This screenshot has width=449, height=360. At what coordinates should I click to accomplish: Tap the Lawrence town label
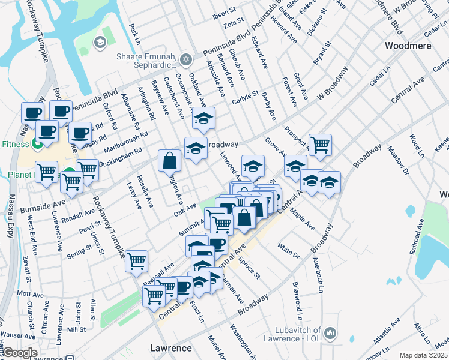(x=170, y=348)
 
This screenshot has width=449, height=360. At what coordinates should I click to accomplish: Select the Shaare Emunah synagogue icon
(x=186, y=59)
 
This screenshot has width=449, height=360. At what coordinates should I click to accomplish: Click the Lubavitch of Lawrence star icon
(x=330, y=332)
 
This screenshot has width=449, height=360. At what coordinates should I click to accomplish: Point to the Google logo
(x=20, y=353)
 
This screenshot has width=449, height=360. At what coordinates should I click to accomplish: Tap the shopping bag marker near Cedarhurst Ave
(x=170, y=160)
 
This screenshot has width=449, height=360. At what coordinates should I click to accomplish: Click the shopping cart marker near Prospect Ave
(x=321, y=144)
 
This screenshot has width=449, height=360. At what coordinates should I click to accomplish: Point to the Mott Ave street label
(x=31, y=293)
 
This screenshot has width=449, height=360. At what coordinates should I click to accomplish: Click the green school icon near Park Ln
(x=100, y=41)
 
